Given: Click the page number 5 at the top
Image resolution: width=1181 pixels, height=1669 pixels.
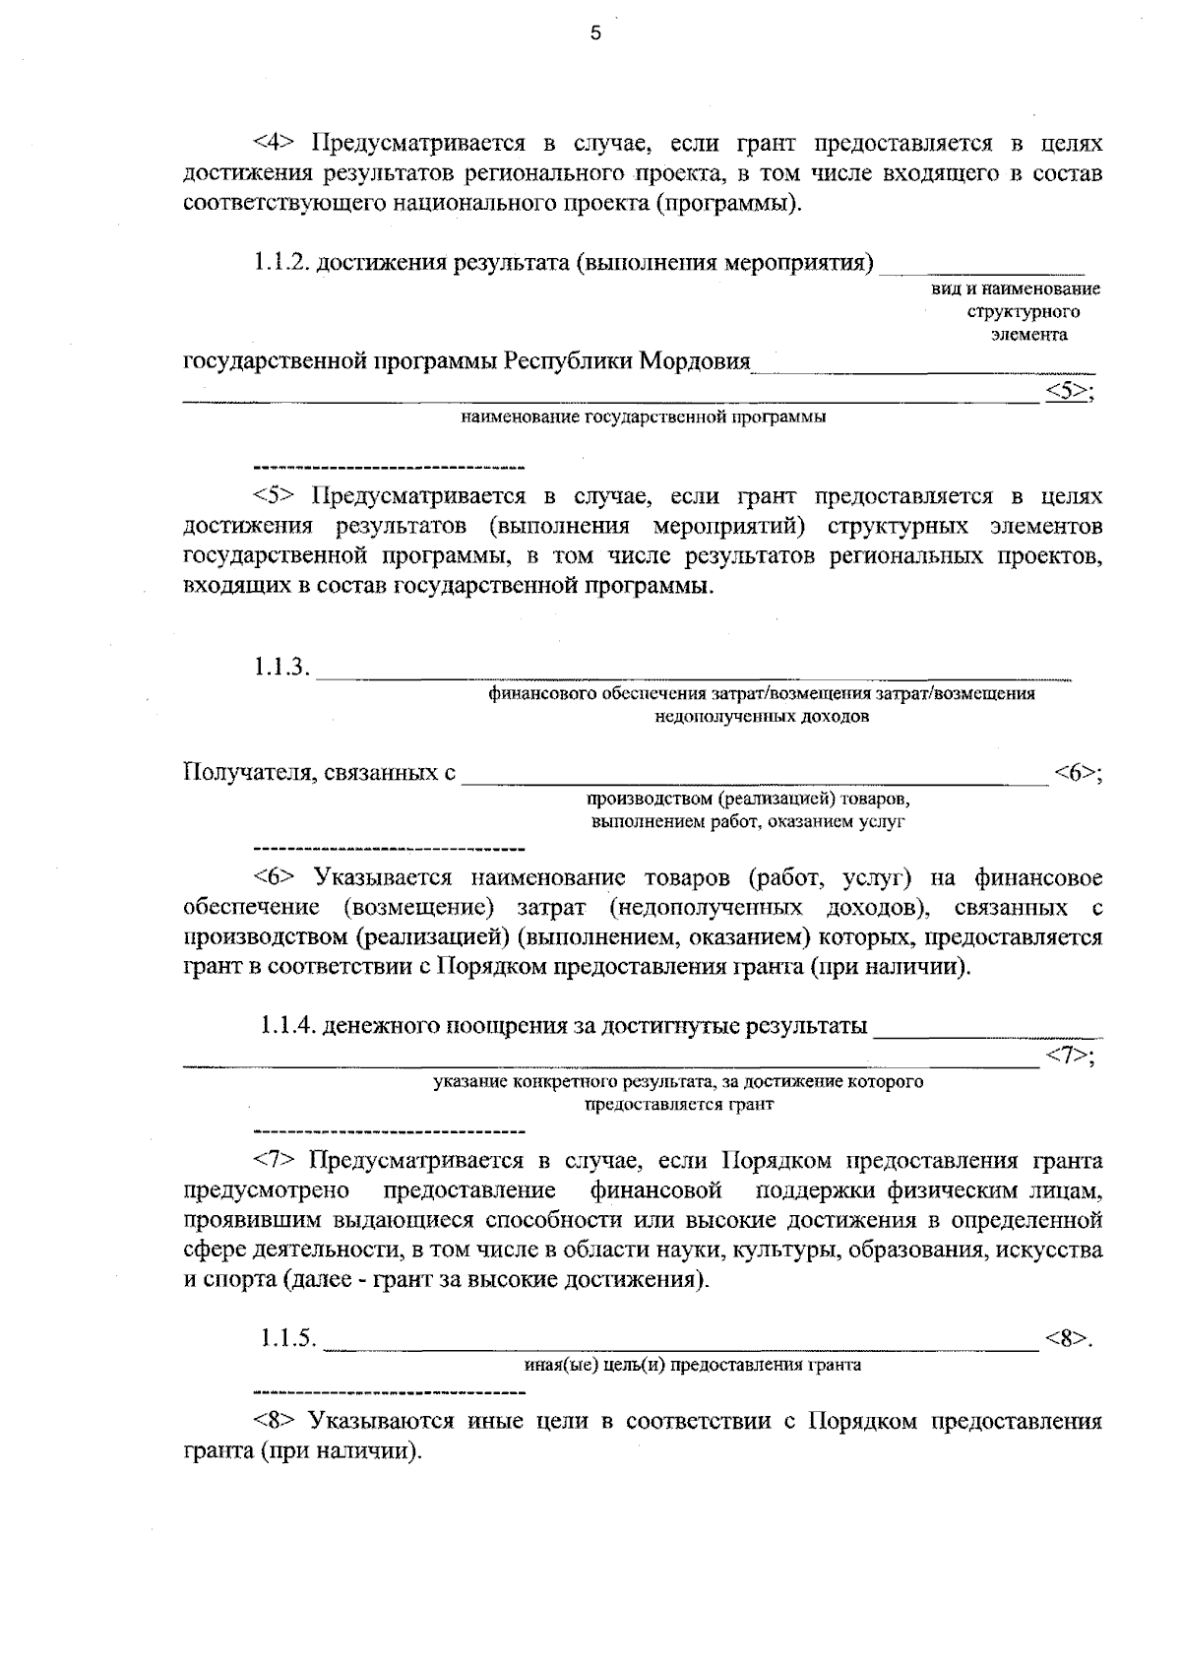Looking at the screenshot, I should point(593,35).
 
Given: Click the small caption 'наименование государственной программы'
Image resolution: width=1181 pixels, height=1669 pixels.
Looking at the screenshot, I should point(644,417).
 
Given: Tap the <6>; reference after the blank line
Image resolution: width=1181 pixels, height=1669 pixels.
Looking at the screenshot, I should point(1077,773).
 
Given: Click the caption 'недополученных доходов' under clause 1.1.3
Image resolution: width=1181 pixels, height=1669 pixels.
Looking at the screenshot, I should point(762,717).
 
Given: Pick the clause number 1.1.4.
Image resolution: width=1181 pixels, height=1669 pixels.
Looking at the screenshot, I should point(287,1027).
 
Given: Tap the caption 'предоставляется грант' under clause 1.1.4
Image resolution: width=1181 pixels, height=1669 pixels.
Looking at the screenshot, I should point(679,1104).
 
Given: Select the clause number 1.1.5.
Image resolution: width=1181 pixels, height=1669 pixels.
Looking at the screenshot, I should point(287,1339).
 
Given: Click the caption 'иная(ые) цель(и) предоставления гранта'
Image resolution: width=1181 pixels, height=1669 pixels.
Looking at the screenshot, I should point(692,1365).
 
